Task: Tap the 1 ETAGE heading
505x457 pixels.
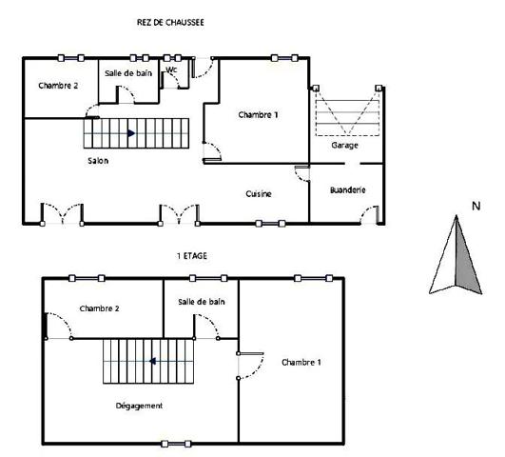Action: pos(192,257)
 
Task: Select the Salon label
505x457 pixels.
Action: pos(98,161)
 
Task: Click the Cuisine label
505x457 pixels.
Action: pos(259,194)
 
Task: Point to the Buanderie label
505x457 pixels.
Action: pos(347,190)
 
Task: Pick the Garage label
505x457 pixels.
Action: pos(344,146)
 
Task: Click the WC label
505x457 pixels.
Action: pos(172,70)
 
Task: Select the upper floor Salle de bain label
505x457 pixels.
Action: pos(202,302)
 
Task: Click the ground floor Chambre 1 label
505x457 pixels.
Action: pos(259,115)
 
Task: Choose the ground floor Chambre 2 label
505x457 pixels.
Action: pos(58,86)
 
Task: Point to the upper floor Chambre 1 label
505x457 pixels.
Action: pos(301,363)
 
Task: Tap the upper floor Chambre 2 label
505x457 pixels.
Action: pos(99,308)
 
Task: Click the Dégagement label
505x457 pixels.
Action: pos(139,406)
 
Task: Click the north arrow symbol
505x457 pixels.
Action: pos(457,255)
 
